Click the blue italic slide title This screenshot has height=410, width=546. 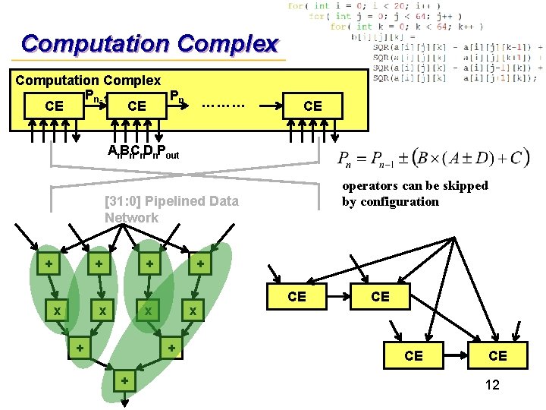[x=150, y=43]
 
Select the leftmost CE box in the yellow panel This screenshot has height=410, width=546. [x=55, y=106]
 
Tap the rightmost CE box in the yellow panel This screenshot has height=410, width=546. [x=312, y=106]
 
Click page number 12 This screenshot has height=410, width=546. [x=491, y=385]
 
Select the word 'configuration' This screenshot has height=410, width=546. [x=400, y=201]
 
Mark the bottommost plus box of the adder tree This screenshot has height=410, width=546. [x=124, y=380]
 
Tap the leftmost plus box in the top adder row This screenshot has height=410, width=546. [x=49, y=264]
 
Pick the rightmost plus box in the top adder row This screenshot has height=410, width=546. [x=200, y=264]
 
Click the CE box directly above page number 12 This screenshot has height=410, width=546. [x=497, y=355]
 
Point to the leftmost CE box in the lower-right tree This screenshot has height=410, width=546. [x=297, y=296]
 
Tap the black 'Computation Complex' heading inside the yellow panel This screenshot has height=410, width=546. [x=88, y=80]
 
